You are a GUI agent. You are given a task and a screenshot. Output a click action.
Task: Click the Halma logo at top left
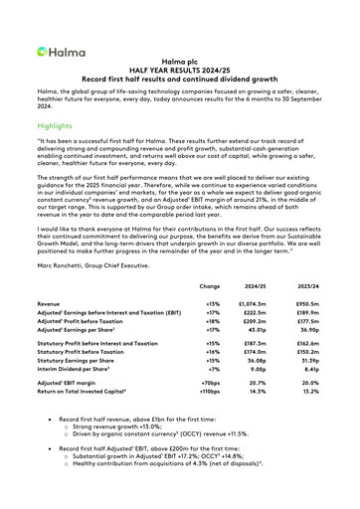(57, 51)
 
